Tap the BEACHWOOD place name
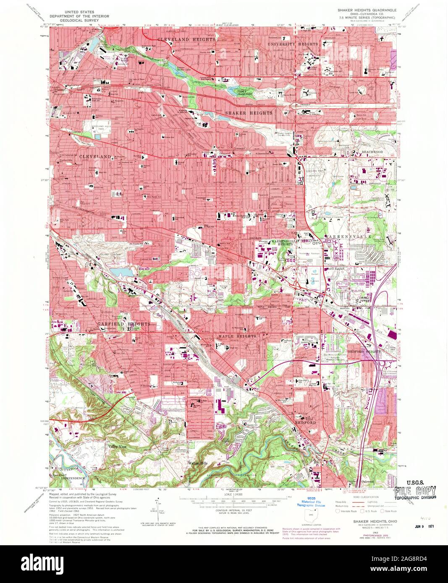pos(372,151)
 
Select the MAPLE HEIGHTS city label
pos(237,336)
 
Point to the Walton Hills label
pos(197,463)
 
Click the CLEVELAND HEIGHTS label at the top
pos(186,39)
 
